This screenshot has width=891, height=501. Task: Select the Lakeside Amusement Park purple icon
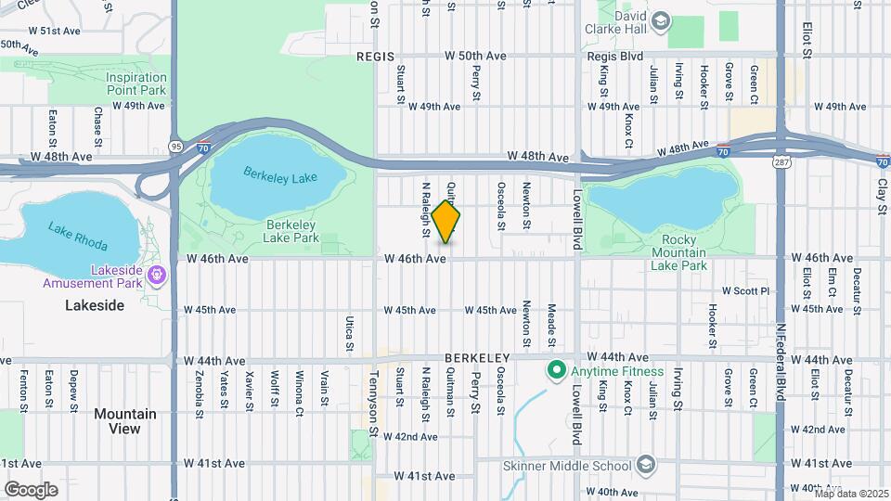(157, 274)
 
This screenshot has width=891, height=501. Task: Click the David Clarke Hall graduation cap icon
(660, 22)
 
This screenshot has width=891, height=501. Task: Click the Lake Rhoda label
(78, 239)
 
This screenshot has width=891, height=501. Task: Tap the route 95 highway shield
(175, 146)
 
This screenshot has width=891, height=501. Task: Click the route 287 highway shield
(781, 162)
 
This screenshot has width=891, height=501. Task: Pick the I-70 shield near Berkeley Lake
(205, 146)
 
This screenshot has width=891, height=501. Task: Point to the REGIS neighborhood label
(375, 57)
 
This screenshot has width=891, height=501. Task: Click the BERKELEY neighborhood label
(478, 357)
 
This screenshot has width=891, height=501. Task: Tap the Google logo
(30, 489)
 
